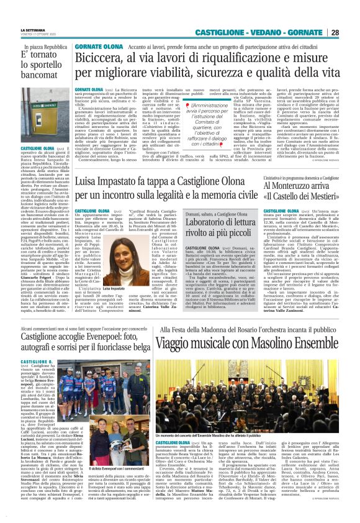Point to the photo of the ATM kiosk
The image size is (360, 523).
45,115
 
